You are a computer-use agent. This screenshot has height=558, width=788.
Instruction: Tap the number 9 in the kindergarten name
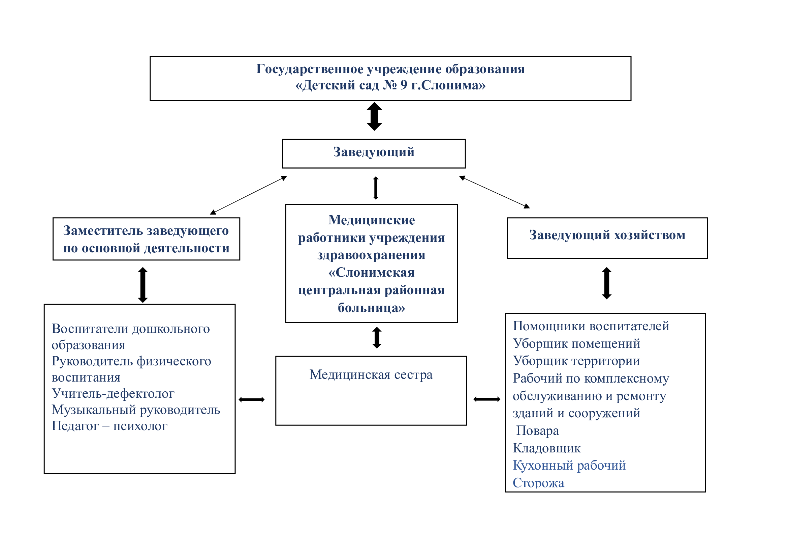point(404,85)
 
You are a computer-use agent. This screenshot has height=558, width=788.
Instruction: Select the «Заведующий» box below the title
point(374,153)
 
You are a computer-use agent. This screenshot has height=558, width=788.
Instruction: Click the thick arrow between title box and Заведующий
point(374,116)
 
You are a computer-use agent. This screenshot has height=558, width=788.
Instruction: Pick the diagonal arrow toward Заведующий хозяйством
point(494,192)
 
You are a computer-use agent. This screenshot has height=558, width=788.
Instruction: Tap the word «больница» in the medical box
point(371,308)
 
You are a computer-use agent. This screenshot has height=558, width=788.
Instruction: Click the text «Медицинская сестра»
point(371,374)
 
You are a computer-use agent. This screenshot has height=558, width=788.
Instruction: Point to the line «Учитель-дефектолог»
point(113,393)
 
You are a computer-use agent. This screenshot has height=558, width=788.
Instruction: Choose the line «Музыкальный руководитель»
point(135,410)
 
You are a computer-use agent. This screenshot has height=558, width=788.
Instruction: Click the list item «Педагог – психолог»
point(109,426)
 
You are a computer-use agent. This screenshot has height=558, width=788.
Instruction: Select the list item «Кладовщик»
point(546,448)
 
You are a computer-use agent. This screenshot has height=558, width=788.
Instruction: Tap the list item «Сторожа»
point(538,483)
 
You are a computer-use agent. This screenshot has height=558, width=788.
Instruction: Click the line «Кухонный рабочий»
point(569,466)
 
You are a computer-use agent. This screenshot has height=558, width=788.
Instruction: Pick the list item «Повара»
point(537,430)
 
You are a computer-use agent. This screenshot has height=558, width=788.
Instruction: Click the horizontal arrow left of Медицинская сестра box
point(252,399)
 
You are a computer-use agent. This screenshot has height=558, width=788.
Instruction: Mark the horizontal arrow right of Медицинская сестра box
point(487,399)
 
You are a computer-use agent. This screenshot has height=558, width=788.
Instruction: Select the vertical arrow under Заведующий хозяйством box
point(606,283)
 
